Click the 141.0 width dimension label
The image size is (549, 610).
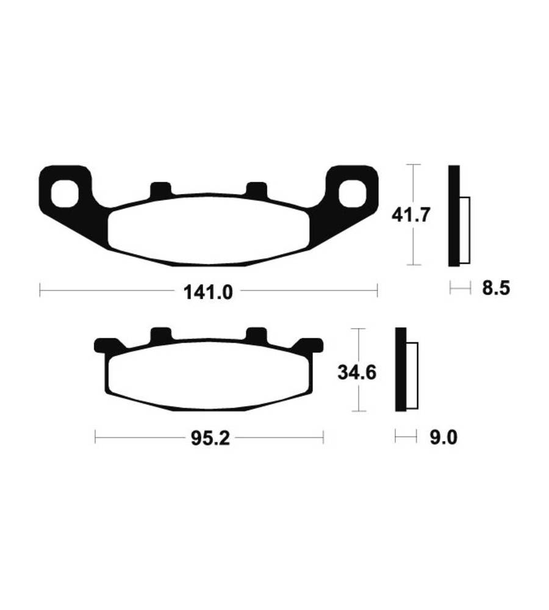click(208, 292)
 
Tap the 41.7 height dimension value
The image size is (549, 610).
click(411, 215)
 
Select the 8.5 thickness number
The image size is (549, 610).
click(496, 289)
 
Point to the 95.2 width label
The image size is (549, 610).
click(210, 439)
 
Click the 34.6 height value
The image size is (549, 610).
click(357, 373)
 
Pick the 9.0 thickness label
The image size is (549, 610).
click(443, 437)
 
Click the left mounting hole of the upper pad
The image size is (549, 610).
click(65, 193)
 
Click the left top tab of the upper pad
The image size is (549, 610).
click(160, 189)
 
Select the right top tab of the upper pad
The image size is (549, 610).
click(257, 189)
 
